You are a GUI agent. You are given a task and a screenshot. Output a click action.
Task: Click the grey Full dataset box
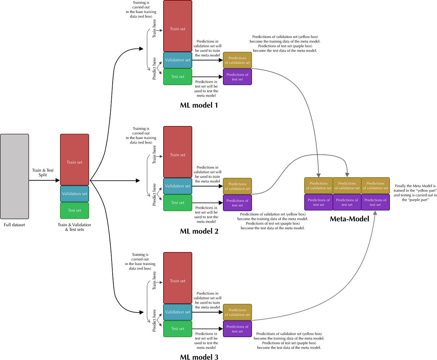tap(14, 176)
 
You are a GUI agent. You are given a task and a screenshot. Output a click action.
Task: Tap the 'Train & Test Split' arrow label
tap(43, 172)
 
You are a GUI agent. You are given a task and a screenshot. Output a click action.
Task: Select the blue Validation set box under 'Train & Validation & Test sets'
tap(74, 194)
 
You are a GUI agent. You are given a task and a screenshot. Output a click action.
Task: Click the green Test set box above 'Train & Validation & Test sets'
tap(74, 210)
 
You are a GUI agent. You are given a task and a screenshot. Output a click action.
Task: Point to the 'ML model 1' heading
tap(199, 105)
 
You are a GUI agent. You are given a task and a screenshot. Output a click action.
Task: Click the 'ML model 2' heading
tap(199, 231)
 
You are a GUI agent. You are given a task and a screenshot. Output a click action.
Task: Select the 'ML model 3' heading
tap(199, 357)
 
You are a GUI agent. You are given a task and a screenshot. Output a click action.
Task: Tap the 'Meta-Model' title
tap(349, 219)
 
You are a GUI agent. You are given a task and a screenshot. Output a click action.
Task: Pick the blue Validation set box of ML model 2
tap(178, 186)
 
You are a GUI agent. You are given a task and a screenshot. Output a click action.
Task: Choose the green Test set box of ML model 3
tap(178, 329)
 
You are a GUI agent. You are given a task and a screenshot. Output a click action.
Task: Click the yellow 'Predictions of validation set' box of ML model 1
tap(237, 60)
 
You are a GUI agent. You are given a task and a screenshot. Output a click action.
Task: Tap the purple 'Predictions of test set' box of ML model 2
tap(237, 203)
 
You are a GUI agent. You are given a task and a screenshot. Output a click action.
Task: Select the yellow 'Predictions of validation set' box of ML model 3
tap(237, 312)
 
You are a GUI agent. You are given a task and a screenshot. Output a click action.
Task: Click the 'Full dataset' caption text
tap(14, 225)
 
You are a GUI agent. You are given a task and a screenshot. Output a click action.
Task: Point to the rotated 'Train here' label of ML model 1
tap(154, 28)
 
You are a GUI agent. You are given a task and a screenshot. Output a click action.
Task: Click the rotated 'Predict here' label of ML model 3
tap(154, 320)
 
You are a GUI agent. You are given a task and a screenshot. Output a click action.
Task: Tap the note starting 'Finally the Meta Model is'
tap(415, 193)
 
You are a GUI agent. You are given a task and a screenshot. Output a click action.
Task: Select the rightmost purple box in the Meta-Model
tap(375, 202)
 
